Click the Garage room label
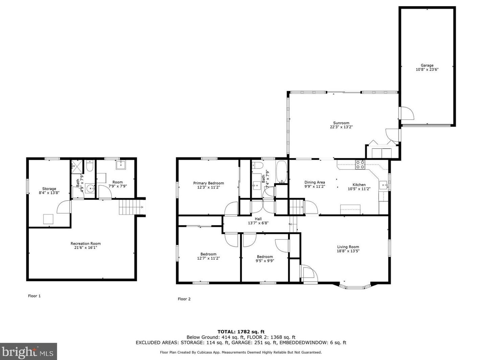click(x=427, y=66)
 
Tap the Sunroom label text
click(x=341, y=123)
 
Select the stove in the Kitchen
click(x=360, y=164)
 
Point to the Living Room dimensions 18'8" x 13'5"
click(x=348, y=251)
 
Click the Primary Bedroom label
click(x=209, y=183)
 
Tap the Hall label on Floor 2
click(x=258, y=219)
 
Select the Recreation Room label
click(x=86, y=243)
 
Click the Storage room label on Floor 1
click(x=49, y=189)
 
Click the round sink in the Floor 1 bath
click(x=90, y=188)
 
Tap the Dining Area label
click(x=315, y=182)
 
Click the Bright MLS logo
click(x=28, y=352)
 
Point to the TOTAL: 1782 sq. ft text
click(x=241, y=332)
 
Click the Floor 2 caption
click(x=184, y=299)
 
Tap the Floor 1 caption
click(x=34, y=296)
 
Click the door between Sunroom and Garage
click(x=406, y=113)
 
